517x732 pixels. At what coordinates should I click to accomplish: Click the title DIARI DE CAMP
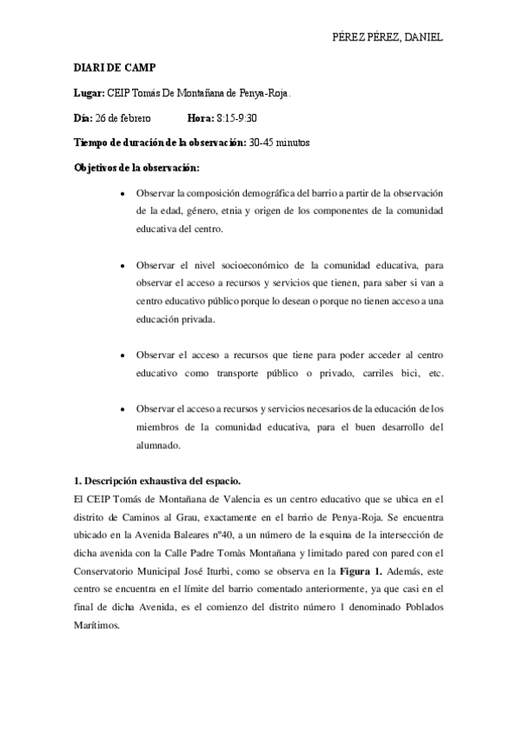pyautogui.click(x=109, y=66)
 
